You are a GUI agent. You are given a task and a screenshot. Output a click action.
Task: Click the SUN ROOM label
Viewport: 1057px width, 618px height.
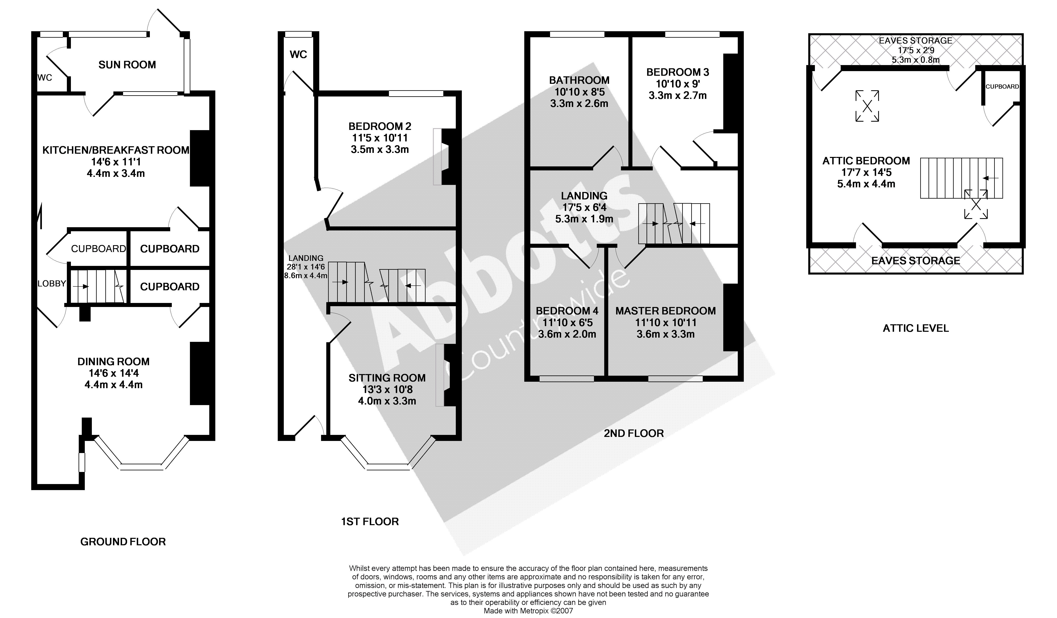(127, 65)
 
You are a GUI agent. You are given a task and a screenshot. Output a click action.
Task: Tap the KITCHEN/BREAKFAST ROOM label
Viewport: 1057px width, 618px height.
(116, 150)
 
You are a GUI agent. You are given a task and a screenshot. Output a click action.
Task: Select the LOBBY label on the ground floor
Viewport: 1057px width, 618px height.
(52, 284)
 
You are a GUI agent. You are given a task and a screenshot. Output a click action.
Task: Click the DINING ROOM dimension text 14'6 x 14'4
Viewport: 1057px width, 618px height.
(114, 373)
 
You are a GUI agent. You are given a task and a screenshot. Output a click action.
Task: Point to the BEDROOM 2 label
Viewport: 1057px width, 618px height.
(380, 126)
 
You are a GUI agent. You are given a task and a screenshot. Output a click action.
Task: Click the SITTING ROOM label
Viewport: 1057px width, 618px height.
(387, 378)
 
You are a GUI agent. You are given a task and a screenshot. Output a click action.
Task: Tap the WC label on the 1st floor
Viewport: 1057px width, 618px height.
(298, 55)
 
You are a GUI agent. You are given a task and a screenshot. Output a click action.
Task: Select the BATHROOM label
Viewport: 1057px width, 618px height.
(579, 80)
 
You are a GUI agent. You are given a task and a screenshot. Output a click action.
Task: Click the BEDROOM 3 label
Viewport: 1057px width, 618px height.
(677, 72)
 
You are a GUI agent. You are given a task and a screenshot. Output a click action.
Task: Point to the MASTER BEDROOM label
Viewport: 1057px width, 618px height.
(665, 311)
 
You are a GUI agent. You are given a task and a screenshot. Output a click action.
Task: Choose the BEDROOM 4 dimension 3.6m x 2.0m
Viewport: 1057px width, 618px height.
(567, 334)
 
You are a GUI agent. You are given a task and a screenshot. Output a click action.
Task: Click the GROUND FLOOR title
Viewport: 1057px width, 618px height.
(123, 542)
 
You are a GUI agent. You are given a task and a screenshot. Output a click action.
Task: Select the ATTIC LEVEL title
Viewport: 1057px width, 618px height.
(916, 328)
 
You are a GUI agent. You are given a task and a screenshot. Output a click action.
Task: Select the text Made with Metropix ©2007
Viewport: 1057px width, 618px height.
(528, 611)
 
